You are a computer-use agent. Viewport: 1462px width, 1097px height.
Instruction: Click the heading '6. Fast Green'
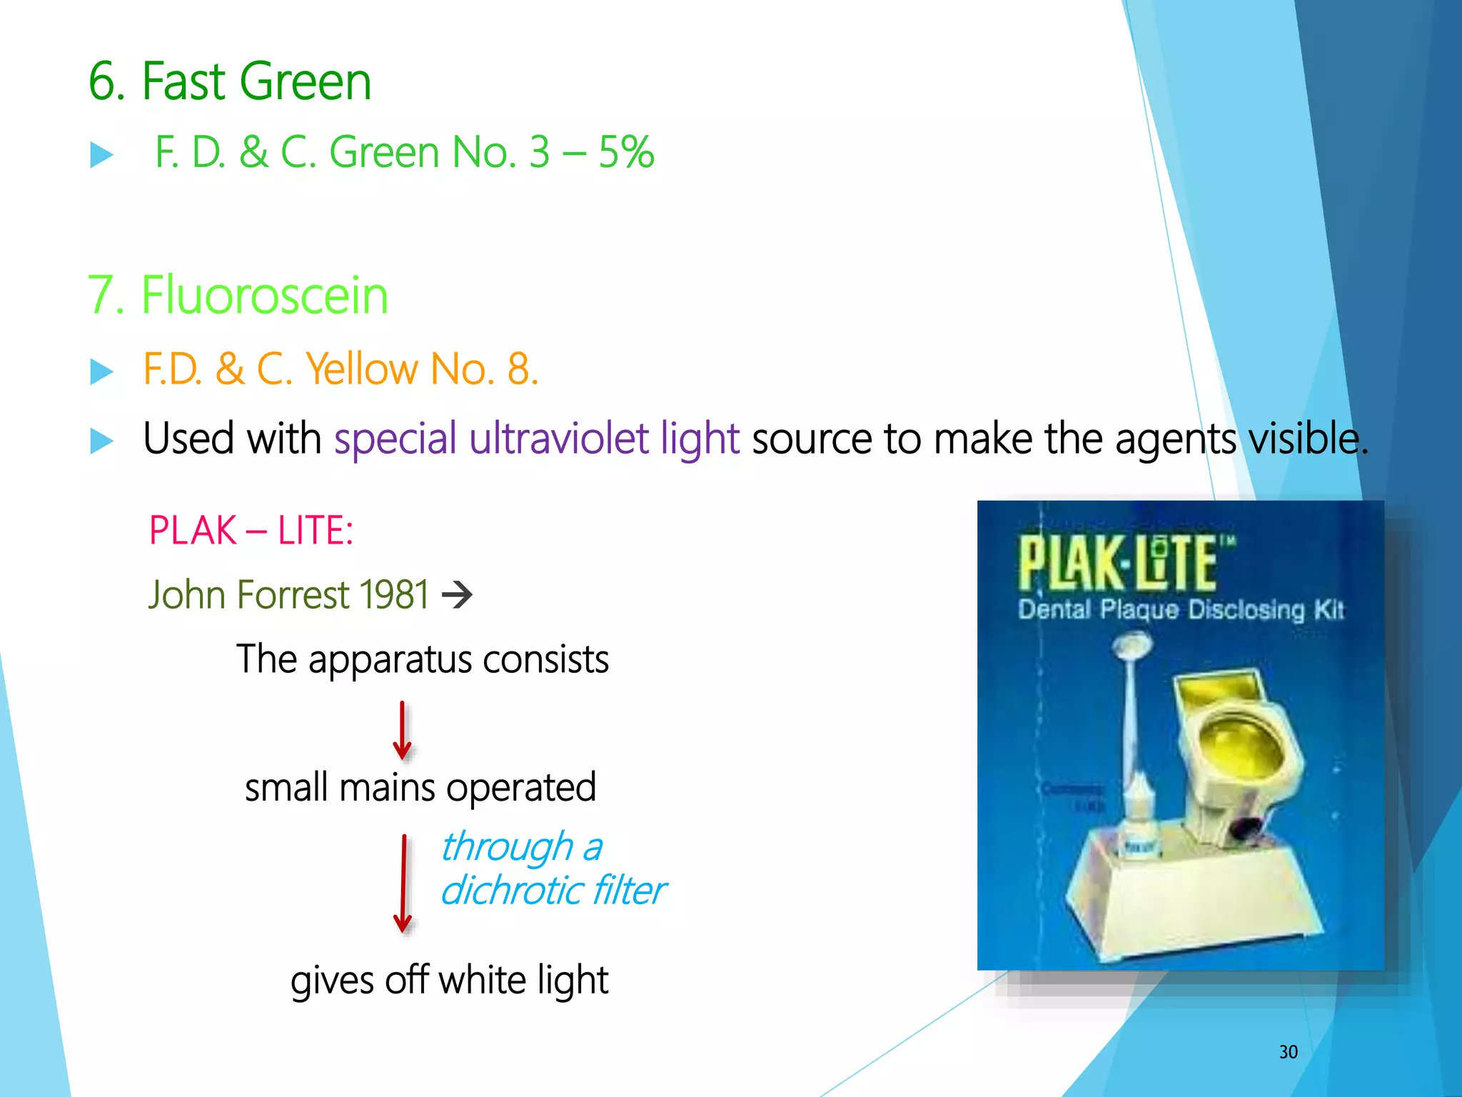(x=229, y=81)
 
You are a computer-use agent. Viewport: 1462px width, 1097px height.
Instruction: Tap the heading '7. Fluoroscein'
(x=238, y=296)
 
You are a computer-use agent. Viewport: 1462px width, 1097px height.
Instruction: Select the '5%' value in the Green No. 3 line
(x=626, y=152)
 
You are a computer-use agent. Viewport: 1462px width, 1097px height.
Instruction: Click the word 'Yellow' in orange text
(x=362, y=369)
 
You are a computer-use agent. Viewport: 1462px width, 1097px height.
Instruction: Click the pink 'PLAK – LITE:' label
(x=251, y=531)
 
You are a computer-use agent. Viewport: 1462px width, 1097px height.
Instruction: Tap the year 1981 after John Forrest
(x=393, y=595)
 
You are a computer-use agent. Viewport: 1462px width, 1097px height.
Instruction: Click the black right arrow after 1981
(x=458, y=594)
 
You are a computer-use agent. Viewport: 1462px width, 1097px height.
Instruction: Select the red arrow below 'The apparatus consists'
(x=403, y=731)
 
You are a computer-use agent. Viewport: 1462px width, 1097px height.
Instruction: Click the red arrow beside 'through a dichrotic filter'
(x=403, y=883)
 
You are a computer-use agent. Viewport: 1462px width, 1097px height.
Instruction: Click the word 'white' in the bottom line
(x=483, y=980)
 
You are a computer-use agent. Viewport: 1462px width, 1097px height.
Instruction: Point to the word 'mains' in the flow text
(x=386, y=788)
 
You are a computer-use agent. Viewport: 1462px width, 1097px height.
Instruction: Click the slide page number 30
(x=1289, y=1052)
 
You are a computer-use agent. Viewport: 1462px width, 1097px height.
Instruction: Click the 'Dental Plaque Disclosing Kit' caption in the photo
(x=1181, y=610)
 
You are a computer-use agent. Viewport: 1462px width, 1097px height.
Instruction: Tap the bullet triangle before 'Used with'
(x=102, y=441)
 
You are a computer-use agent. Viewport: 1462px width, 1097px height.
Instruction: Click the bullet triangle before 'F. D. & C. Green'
(x=102, y=155)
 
